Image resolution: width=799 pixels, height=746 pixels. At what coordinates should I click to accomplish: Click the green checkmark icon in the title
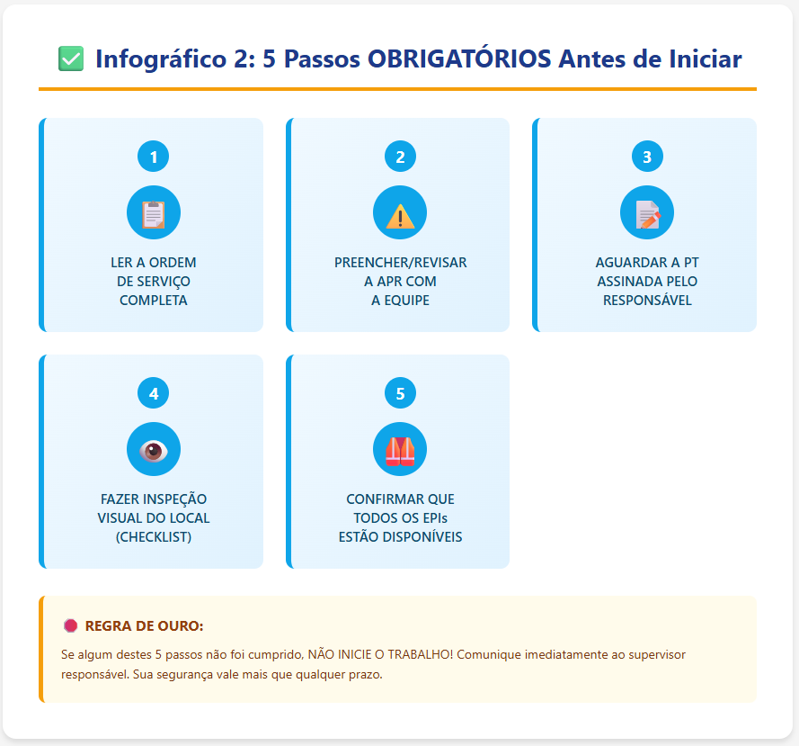pyautogui.click(x=70, y=59)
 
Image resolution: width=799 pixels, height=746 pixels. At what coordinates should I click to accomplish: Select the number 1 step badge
pyautogui.click(x=154, y=157)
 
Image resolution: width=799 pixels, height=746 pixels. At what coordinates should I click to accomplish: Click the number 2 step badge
pyautogui.click(x=400, y=157)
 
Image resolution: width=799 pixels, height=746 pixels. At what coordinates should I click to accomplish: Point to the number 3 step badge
pyautogui.click(x=647, y=157)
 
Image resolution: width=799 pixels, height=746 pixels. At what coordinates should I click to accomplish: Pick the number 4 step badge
pyautogui.click(x=154, y=393)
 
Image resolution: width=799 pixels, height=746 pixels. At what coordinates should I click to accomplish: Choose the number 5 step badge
pyautogui.click(x=400, y=393)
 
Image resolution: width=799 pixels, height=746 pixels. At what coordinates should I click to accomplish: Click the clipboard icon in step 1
pyautogui.click(x=154, y=213)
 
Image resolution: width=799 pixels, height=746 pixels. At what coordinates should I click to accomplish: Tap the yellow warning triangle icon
pyautogui.click(x=400, y=214)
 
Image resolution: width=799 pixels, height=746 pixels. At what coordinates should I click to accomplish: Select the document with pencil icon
pyautogui.click(x=647, y=213)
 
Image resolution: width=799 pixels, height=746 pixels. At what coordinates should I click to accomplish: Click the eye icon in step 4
pyautogui.click(x=154, y=450)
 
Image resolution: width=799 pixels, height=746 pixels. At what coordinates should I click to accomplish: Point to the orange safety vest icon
pyautogui.click(x=400, y=450)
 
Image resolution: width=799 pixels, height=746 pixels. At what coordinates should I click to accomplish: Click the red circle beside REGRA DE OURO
pyautogui.click(x=70, y=625)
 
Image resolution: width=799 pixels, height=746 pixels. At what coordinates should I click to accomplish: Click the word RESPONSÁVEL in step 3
pyautogui.click(x=647, y=301)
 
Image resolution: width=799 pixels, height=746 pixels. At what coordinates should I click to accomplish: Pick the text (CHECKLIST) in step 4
pyautogui.click(x=154, y=537)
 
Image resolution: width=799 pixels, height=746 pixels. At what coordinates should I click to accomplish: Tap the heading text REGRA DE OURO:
pyautogui.click(x=144, y=625)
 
